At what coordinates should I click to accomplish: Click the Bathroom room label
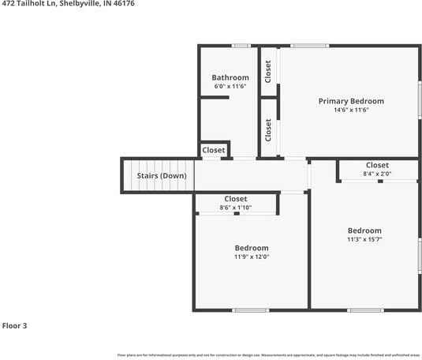230,77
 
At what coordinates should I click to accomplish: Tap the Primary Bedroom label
351,101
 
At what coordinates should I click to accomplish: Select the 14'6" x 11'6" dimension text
351,111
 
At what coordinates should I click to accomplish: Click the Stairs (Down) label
162,175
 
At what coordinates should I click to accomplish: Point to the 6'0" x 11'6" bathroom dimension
230,86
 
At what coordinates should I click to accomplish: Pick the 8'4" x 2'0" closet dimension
377,174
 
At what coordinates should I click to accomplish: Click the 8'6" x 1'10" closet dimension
235,208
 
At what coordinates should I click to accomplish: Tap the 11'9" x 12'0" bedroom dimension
252,257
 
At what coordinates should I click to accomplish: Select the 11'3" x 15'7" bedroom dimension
364,239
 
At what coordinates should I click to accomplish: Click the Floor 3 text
14,325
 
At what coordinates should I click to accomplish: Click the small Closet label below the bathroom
214,150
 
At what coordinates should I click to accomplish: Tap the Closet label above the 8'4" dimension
377,165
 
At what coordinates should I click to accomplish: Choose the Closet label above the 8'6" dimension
235,199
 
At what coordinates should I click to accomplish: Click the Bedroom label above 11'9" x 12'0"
252,248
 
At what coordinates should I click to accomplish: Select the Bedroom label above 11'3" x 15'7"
364,231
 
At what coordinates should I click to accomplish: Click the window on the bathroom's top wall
241,46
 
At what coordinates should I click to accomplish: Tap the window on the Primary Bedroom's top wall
309,46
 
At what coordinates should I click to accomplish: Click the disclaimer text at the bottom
268,356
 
